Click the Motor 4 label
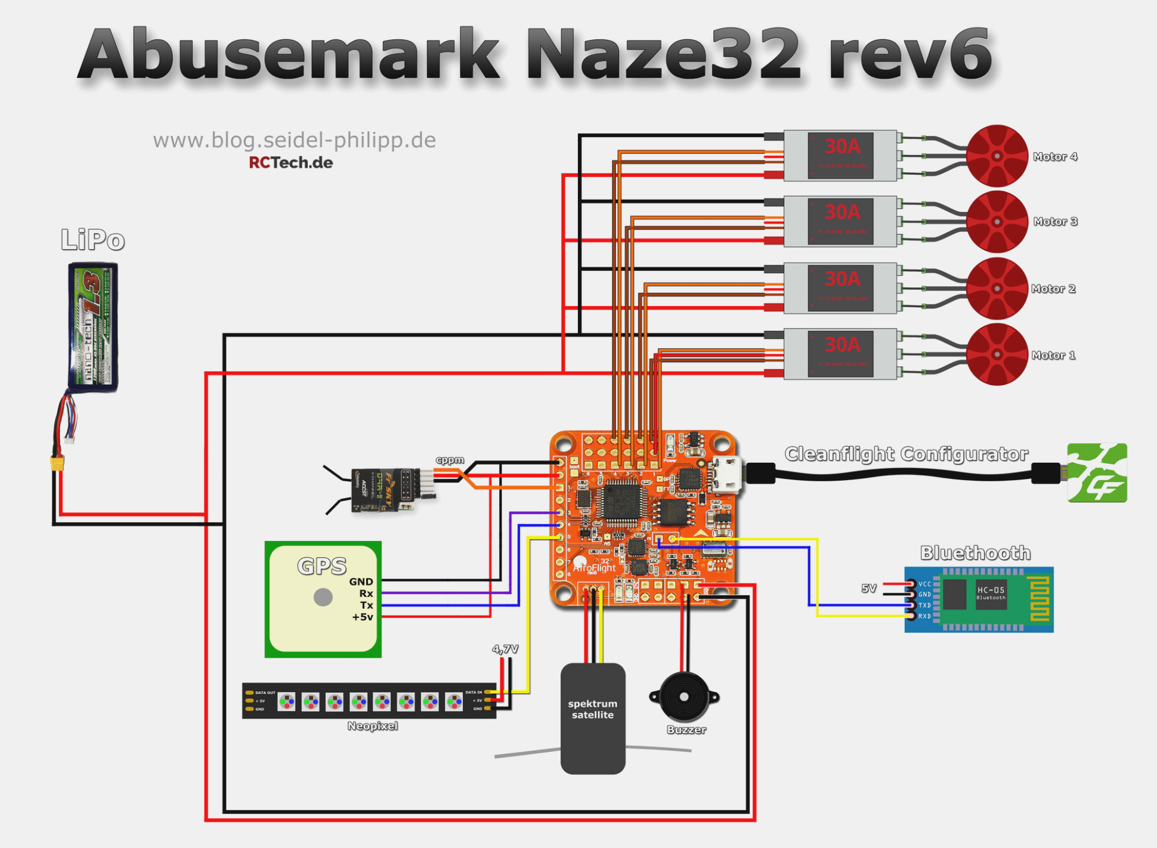pyautogui.click(x=1054, y=157)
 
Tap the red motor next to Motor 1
pyautogui.click(x=997, y=354)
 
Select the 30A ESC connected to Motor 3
pyautogui.click(x=840, y=221)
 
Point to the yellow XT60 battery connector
pyautogui.click(x=57, y=463)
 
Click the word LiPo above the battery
pyautogui.click(x=92, y=240)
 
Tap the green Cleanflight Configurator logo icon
pyautogui.click(x=1097, y=472)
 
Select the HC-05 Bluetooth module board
pyautogui.click(x=979, y=599)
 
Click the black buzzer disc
pyautogui.click(x=684, y=697)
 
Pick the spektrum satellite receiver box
pyautogui.click(x=593, y=718)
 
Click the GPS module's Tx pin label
pyautogui.click(x=366, y=605)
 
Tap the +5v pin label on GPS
pyautogui.click(x=363, y=617)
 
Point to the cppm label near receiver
pyautogui.click(x=450, y=460)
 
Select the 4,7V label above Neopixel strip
pyautogui.click(x=505, y=649)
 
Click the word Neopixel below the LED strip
pyautogui.click(x=372, y=726)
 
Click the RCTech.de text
pyautogui.click(x=290, y=162)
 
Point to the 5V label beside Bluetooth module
pyautogui.click(x=869, y=588)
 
